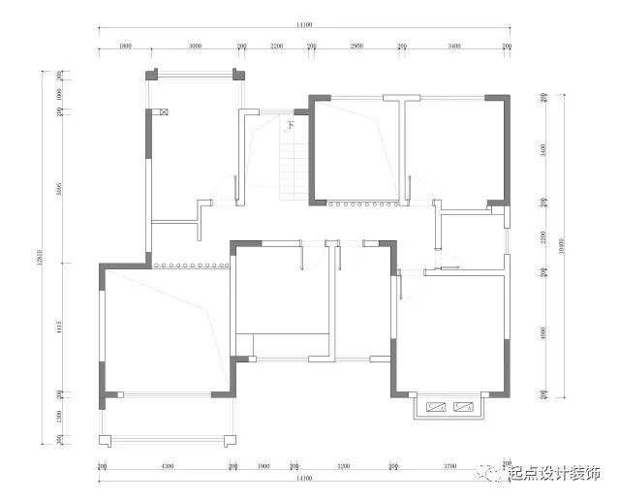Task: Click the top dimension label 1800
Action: pos(125,46)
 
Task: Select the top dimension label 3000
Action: pos(195,46)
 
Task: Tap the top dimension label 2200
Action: pos(276,46)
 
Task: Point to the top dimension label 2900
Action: pos(356,46)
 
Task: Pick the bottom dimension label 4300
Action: pos(167,466)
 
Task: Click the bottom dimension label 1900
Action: pos(263,466)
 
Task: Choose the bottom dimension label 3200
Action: pos(344,466)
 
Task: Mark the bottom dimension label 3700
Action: pos(449,466)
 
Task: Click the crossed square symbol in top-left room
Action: pos(165,113)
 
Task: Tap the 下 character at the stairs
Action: pos(290,124)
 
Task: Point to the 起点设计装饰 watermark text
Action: pos(554,474)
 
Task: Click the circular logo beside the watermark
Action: pos(495,474)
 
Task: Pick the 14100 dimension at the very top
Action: pos(303,26)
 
